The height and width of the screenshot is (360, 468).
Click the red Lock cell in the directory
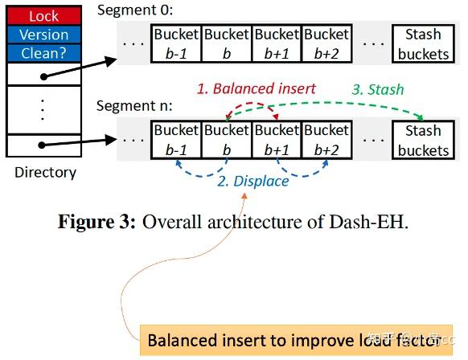coord(44,16)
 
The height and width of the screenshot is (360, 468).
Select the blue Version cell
coord(44,35)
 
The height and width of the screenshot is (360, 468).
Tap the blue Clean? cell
coord(44,53)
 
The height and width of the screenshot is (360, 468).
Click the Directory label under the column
coord(45,172)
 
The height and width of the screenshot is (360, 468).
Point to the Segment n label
coord(134,106)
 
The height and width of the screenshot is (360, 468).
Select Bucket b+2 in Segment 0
coord(326,44)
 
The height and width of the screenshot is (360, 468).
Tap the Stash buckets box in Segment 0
coord(423,44)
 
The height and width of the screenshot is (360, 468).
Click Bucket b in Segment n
coord(226,140)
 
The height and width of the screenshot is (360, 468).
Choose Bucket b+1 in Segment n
coord(276,140)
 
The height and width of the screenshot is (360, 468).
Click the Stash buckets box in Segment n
coord(423,140)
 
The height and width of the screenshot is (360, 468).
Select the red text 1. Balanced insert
coord(257,88)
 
